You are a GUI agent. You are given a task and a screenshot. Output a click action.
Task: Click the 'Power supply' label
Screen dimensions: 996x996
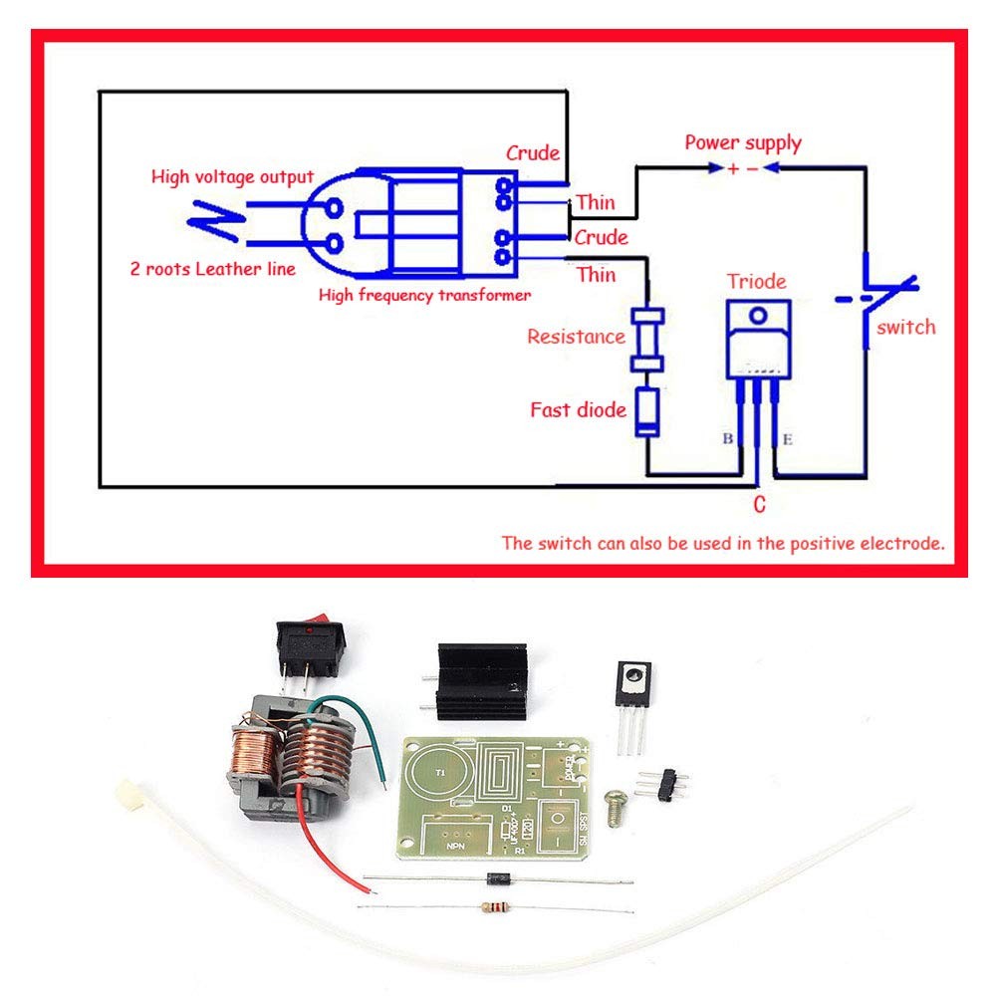[742, 142]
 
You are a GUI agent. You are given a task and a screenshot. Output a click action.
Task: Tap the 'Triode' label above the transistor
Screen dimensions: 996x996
[756, 282]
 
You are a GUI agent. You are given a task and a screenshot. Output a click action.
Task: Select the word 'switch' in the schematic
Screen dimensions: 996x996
[905, 327]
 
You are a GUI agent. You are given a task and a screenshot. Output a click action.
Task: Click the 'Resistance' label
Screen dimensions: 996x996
[576, 337]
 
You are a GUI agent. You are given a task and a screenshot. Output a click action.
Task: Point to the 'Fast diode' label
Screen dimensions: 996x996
[578, 409]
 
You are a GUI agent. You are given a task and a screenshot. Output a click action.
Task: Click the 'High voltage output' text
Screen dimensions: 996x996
[232, 177]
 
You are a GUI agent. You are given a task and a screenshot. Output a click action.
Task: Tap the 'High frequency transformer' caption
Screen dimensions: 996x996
[424, 295]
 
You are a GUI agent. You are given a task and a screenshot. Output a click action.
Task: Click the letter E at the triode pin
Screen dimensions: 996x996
[787, 438]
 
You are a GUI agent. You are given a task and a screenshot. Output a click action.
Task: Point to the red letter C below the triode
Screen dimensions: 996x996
[759, 506]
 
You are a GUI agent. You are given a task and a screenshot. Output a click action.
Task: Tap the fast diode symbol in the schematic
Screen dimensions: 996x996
[647, 413]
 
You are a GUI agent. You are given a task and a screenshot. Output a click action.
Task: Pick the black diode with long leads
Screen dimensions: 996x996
[498, 878]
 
